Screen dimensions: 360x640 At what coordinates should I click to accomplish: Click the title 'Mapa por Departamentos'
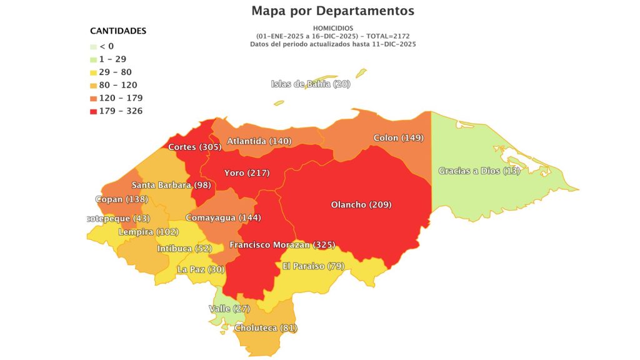332,11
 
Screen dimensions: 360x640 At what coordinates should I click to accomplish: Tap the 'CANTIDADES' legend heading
118,31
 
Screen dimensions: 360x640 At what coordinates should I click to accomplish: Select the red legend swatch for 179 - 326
93,111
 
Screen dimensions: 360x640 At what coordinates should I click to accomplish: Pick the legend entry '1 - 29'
112,59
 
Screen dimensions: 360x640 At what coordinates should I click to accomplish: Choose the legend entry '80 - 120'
117,85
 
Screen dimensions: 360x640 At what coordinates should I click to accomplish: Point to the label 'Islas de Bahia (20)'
311,84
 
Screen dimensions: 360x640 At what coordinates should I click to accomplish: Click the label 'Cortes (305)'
194,147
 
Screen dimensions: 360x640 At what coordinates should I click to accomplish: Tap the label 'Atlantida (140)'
259,141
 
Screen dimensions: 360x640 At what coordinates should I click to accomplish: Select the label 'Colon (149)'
399,137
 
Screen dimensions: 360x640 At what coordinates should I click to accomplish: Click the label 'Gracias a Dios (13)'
479,171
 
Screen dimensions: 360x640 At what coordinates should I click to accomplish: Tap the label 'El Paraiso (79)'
312,266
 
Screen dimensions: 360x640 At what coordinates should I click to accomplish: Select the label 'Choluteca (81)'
266,327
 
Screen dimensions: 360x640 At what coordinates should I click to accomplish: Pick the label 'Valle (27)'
229,309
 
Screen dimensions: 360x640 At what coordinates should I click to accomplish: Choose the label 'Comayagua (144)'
224,217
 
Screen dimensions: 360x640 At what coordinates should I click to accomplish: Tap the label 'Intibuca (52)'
184,248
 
